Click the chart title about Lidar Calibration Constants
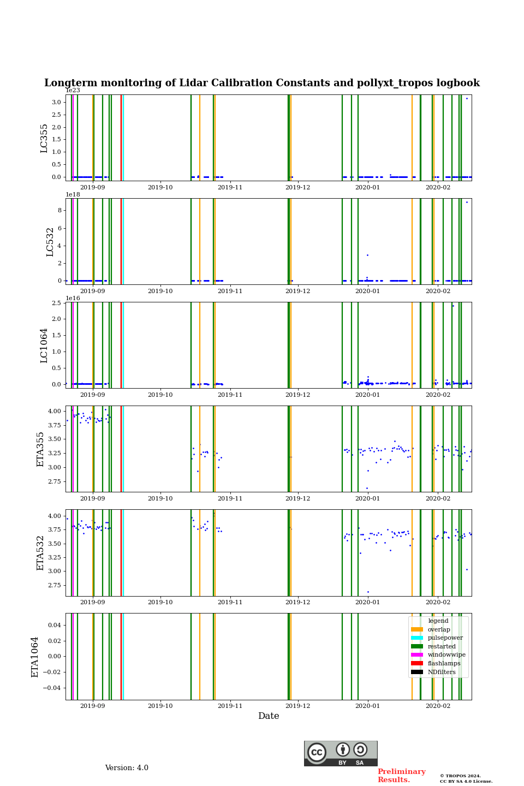click(x=262, y=83)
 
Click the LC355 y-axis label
click(x=44, y=138)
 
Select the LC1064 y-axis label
click(x=44, y=345)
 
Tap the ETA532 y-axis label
click(x=40, y=552)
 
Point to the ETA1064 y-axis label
click(x=35, y=657)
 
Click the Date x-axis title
click(x=269, y=716)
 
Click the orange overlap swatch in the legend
click(x=417, y=629)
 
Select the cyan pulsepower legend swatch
click(x=417, y=638)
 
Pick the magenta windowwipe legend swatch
click(x=417, y=655)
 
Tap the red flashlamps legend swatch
click(x=417, y=664)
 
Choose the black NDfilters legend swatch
click(x=417, y=672)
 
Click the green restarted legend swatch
click(x=417, y=646)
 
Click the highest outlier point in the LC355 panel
click(x=467, y=98)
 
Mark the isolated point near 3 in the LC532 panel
click(x=367, y=255)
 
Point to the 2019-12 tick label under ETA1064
click(x=298, y=706)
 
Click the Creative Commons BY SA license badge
click(x=341, y=753)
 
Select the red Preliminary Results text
click(x=401, y=776)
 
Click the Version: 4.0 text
click(x=127, y=768)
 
